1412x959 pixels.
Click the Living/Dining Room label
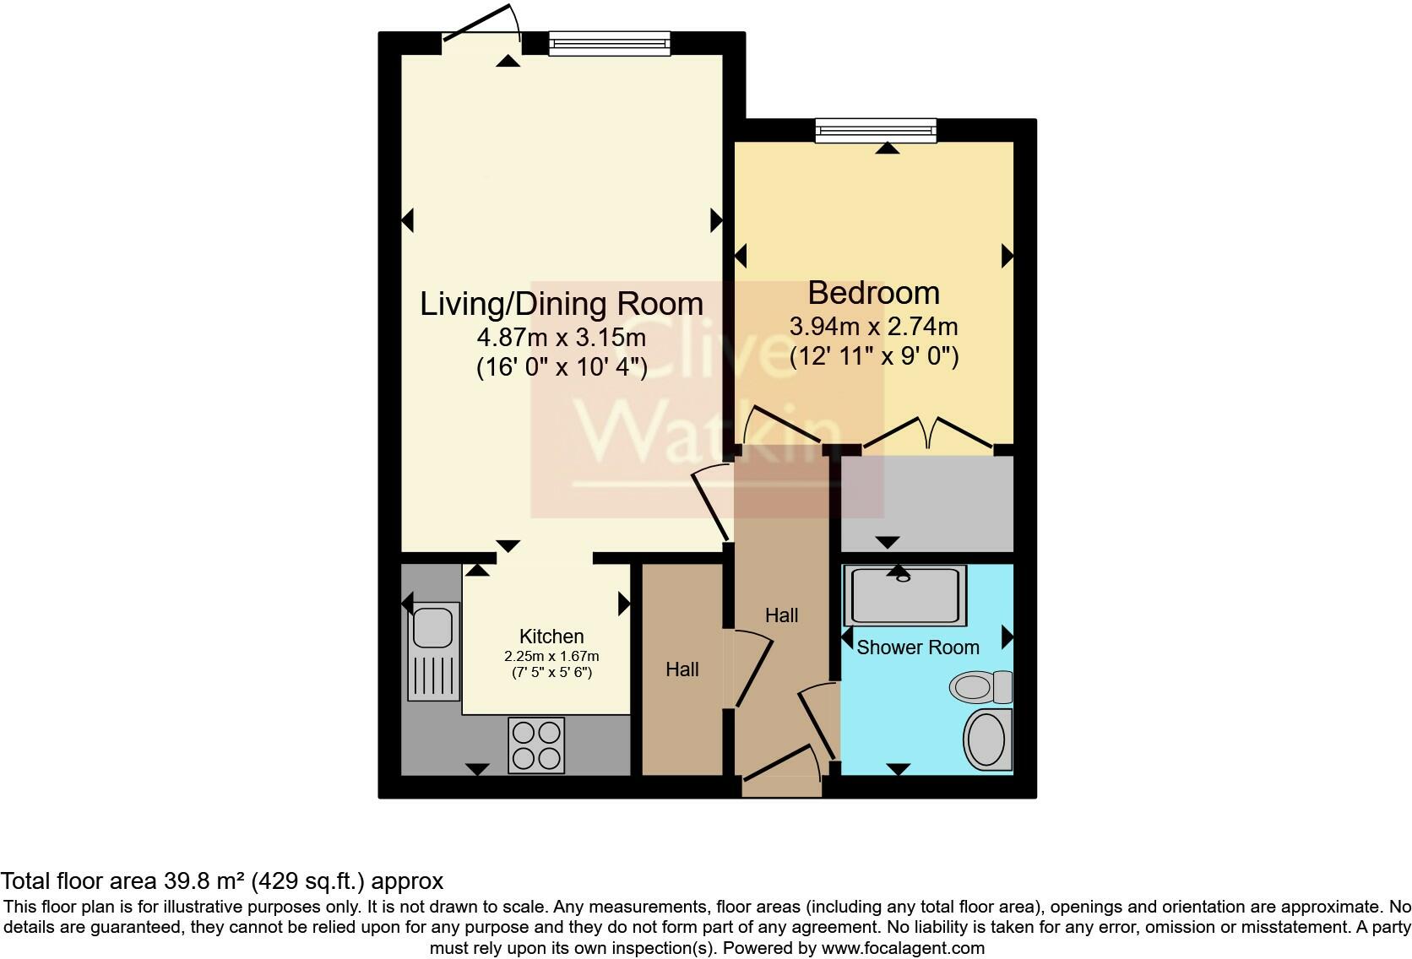pos(561,304)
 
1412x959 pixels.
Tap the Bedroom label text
pos(874,293)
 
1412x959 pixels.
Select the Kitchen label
pos(551,637)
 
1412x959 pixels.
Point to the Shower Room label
pos(918,647)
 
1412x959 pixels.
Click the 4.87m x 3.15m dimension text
pos(561,338)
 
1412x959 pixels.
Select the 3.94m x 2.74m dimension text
pos(874,327)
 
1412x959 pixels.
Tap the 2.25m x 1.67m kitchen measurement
pos(551,657)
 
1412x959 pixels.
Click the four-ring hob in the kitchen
pos(536,745)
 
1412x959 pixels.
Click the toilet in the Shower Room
pos(980,687)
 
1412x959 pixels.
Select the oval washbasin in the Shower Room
pos(987,740)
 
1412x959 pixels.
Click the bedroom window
pos(877,131)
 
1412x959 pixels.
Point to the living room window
pos(610,44)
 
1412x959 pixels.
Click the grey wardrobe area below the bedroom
pos(927,504)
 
